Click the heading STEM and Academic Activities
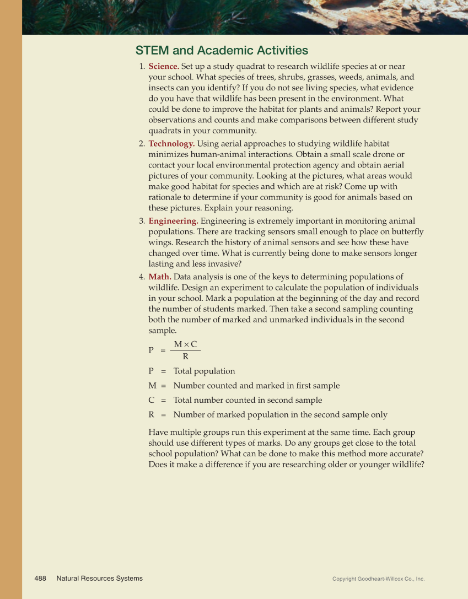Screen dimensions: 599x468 (222, 51)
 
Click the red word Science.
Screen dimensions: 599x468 (163, 67)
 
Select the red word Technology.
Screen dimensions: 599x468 (171, 144)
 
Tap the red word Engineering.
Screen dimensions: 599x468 (173, 221)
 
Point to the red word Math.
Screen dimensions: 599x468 (160, 277)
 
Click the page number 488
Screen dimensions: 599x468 (40, 578)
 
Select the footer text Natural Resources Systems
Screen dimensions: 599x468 (99, 578)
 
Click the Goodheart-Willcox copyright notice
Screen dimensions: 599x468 (378, 579)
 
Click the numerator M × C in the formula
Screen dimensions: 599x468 (185, 344)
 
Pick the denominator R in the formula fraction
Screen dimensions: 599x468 (185, 357)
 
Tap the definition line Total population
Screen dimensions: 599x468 (204, 371)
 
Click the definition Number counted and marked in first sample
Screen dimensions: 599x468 (256, 386)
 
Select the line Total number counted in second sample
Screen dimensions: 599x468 (248, 400)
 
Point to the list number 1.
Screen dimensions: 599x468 (142, 67)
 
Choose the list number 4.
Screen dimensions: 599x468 (142, 277)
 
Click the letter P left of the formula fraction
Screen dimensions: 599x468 (151, 350)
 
